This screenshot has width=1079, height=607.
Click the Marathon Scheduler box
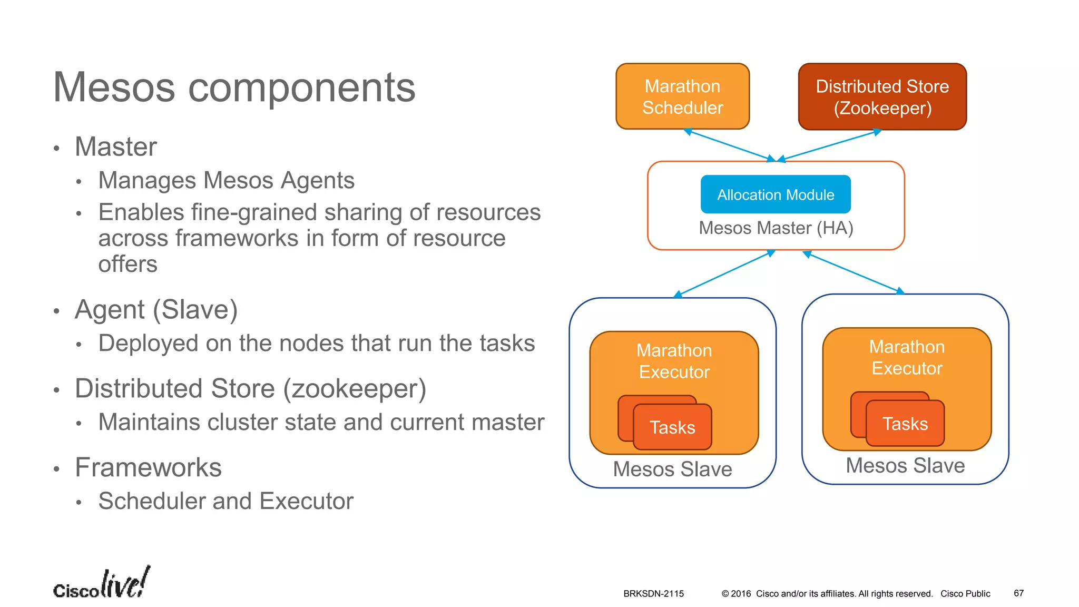[x=682, y=96]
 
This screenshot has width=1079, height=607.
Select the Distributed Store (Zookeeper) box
[x=882, y=97]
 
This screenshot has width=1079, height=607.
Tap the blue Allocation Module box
[x=775, y=194]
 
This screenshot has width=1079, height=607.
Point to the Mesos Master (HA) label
[x=776, y=228]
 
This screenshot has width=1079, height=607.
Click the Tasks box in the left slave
[x=672, y=427]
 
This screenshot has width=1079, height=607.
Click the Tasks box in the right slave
[x=905, y=423]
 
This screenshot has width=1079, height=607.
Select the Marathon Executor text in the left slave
[x=674, y=361]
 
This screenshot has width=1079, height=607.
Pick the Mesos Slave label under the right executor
[x=905, y=466]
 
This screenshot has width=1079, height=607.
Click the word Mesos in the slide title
[x=114, y=87]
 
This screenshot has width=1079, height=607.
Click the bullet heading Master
[x=116, y=146]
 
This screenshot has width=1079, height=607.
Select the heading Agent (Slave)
[x=156, y=310]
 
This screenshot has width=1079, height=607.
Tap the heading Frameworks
[x=148, y=468]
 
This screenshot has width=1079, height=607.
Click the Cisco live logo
[x=101, y=583]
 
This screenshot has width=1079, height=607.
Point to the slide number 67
[x=1018, y=593]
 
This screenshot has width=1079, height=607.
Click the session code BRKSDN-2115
[x=653, y=594]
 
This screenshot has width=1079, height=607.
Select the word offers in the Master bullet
[x=127, y=264]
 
